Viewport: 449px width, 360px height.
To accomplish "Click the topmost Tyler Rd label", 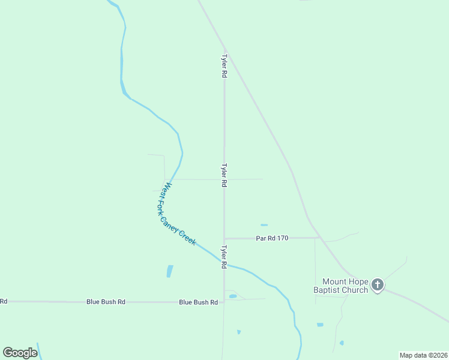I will click(x=224, y=67).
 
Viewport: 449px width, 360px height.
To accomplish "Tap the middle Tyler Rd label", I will click(x=224, y=175).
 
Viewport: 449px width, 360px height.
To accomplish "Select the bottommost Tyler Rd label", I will click(x=224, y=257).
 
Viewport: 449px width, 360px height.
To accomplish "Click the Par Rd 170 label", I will click(x=272, y=238).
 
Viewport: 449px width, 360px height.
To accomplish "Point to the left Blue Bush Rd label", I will click(x=106, y=302).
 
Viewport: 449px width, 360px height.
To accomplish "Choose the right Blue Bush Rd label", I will click(x=198, y=302).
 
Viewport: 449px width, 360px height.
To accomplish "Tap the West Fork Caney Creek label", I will click(x=176, y=214).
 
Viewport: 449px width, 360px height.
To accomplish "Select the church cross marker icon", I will click(x=377, y=284).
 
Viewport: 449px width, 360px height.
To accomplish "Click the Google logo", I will click(x=20, y=353).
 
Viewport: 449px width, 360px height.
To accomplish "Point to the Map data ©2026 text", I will click(x=423, y=355).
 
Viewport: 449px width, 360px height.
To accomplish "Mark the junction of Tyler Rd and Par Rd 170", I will click(x=224, y=239).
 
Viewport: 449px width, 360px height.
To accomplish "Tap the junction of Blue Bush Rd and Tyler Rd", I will click(x=224, y=302).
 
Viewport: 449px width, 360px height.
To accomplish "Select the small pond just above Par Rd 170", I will click(x=264, y=225).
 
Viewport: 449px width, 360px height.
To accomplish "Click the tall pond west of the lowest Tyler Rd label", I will click(x=169, y=271).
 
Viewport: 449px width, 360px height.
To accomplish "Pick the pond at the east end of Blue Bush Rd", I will click(x=233, y=296).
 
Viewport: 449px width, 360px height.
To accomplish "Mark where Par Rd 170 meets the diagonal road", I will click(x=319, y=238).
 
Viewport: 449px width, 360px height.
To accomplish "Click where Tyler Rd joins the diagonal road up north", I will click(x=224, y=49).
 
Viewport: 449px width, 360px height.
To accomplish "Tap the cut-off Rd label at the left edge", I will click(x=4, y=301).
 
